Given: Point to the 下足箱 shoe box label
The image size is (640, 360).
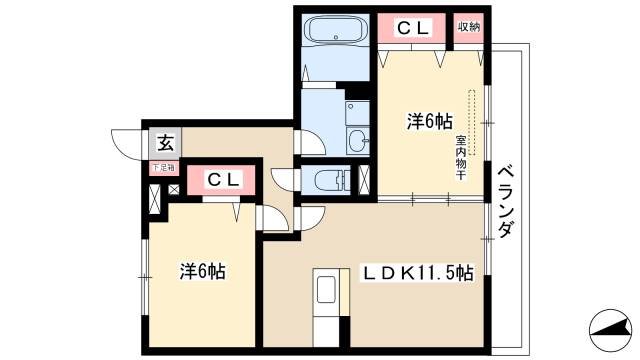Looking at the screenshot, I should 163,168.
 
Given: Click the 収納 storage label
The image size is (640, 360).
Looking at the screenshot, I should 468,28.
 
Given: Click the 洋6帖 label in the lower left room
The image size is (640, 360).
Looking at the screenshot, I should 201,272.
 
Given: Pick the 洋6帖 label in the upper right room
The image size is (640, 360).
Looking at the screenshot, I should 426,122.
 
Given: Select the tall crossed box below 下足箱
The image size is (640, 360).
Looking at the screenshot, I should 155,197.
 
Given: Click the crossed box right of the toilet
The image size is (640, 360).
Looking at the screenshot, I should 365,180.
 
